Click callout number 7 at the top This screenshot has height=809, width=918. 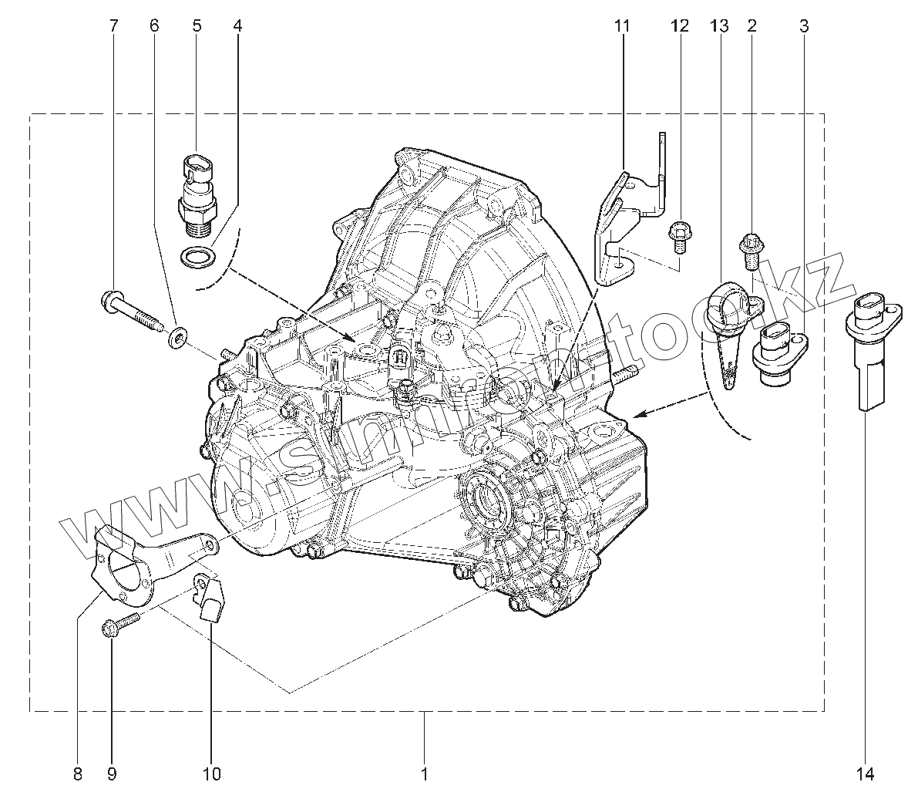(x=114, y=26)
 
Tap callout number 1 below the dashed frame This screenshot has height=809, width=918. (x=424, y=774)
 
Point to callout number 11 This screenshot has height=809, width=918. (x=622, y=26)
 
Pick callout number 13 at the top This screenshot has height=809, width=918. (x=718, y=26)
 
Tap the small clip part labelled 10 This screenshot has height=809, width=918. (x=209, y=597)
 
